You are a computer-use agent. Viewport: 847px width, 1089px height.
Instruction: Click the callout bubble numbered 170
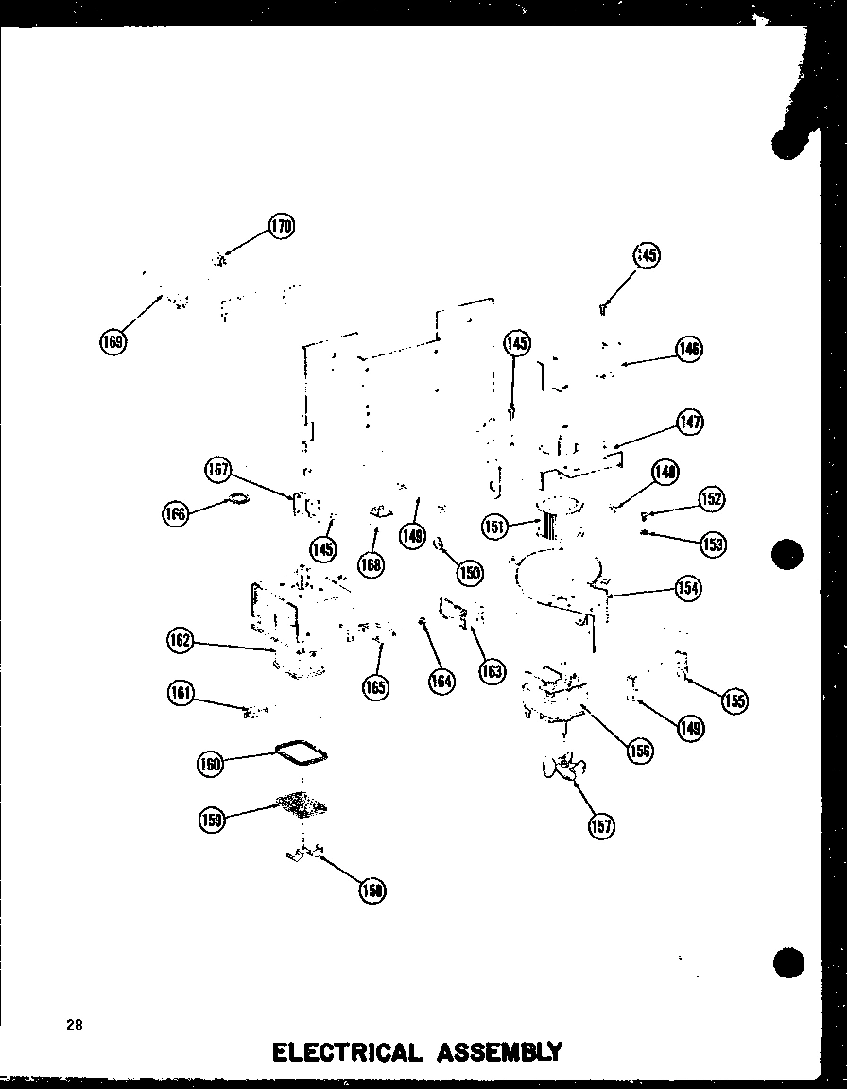pos(281,227)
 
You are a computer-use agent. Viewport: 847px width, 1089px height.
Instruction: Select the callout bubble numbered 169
pos(112,341)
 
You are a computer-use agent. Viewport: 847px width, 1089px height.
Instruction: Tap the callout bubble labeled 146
pos(689,349)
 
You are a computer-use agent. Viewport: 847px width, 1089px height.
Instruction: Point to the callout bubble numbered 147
pos(690,422)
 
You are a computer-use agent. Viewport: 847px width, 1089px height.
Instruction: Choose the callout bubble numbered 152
pos(711,499)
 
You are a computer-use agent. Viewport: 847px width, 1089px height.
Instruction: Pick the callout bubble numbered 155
pos(734,700)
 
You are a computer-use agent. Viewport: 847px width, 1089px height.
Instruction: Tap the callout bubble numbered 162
pos(179,641)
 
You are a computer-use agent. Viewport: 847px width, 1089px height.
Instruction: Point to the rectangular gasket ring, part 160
pos(302,752)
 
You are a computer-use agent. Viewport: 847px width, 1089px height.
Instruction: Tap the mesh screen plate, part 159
pos(301,804)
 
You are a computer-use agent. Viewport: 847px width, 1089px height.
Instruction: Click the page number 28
pos(74,1025)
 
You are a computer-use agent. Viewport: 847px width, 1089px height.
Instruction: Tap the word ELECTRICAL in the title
pos(346,1052)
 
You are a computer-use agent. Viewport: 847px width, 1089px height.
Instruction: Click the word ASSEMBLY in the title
pos(497,1052)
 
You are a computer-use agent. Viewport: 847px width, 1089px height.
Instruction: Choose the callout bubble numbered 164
pos(441,680)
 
